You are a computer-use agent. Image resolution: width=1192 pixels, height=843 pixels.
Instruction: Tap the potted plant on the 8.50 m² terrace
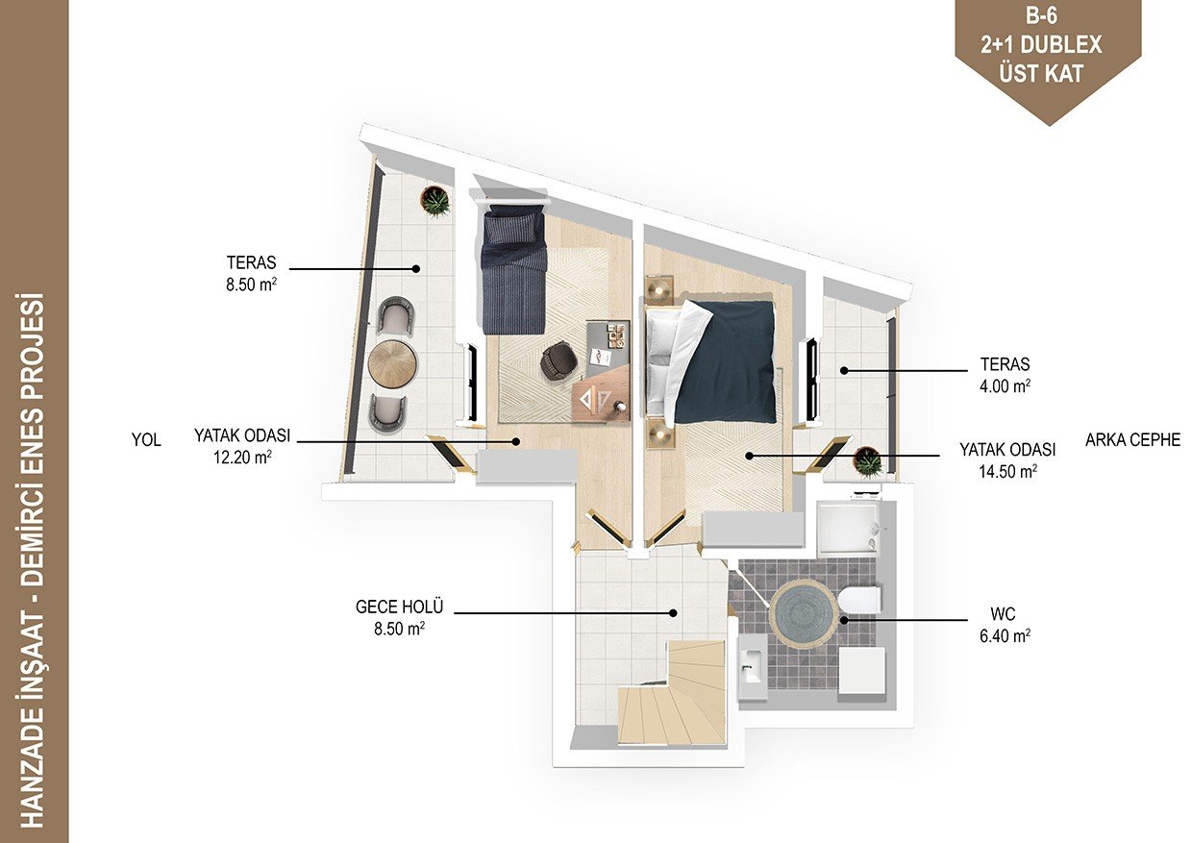pos(435,201)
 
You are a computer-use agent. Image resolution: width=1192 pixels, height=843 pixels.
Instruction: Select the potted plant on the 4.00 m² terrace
pos(869,461)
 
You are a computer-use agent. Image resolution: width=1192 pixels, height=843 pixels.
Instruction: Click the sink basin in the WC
pos(753,666)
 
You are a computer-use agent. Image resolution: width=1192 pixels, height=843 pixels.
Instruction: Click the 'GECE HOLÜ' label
pos(399,607)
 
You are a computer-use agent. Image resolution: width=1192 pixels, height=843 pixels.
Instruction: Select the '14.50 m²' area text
pos(1007,471)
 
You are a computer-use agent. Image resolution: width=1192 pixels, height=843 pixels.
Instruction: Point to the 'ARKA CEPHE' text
pos(1133,439)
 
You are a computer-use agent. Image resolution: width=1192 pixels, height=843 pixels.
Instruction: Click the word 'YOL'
pos(146,439)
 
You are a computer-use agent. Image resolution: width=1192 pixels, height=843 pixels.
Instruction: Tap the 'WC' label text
pos(1003,613)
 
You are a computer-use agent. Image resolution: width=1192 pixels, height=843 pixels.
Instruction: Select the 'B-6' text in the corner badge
pos(1041,16)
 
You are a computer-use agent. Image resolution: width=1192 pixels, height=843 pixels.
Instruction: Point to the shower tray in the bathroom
pos(847,528)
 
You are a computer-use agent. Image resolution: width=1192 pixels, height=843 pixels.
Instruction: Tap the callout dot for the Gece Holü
pos(673,613)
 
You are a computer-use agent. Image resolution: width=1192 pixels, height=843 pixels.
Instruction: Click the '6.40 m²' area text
pos(1005,635)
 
